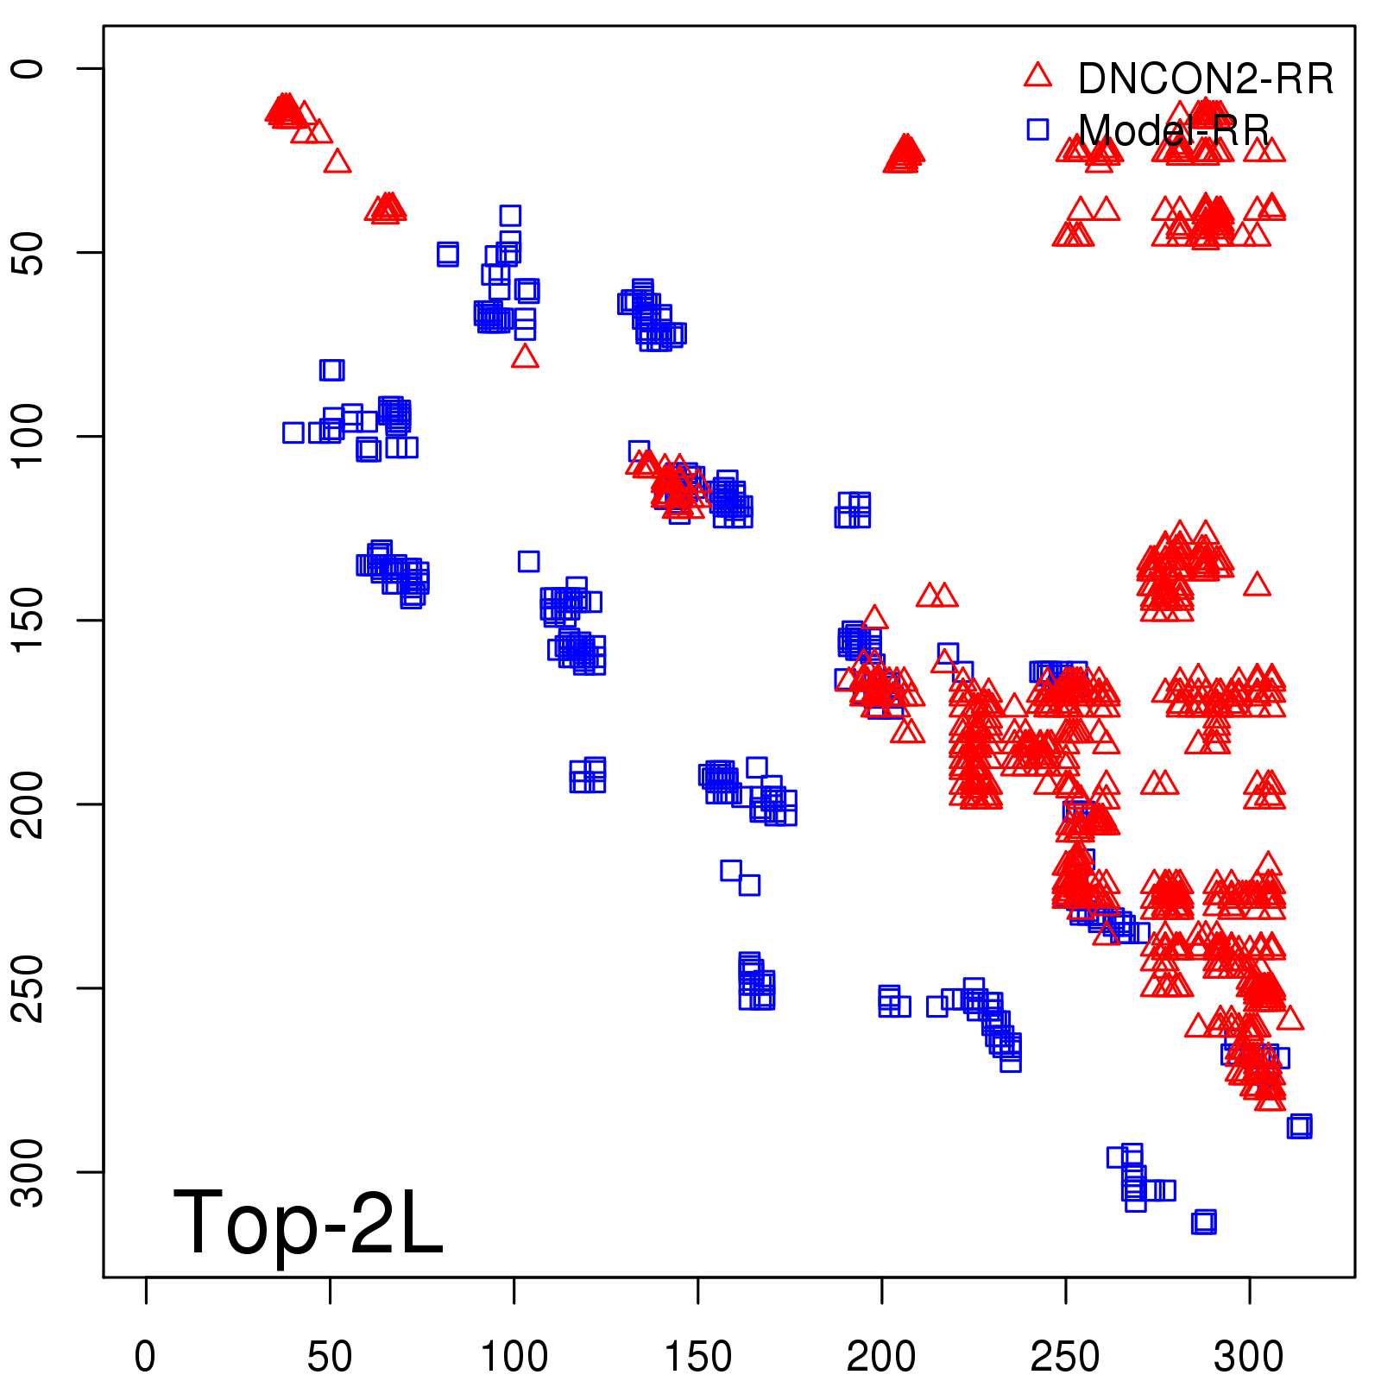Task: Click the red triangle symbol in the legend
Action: coord(1037,76)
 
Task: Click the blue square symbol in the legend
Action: coord(1037,129)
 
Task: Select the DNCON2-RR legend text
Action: coord(1206,79)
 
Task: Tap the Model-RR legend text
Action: coord(1174,131)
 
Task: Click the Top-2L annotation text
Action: coord(308,1222)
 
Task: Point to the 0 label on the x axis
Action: coord(146,1357)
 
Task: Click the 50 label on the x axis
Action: coord(330,1357)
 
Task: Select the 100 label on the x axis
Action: coord(514,1357)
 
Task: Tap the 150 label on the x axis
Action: coord(697,1357)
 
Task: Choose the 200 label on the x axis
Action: coord(881,1357)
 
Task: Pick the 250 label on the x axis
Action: coord(1065,1357)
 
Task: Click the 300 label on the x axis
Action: coord(1249,1357)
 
